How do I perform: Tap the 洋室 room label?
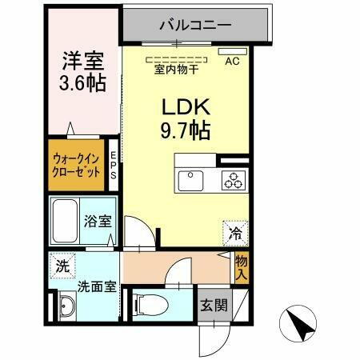83,61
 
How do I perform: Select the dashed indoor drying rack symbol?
175,58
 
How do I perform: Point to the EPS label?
114,165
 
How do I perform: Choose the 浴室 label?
98,222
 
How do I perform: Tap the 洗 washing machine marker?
62,266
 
